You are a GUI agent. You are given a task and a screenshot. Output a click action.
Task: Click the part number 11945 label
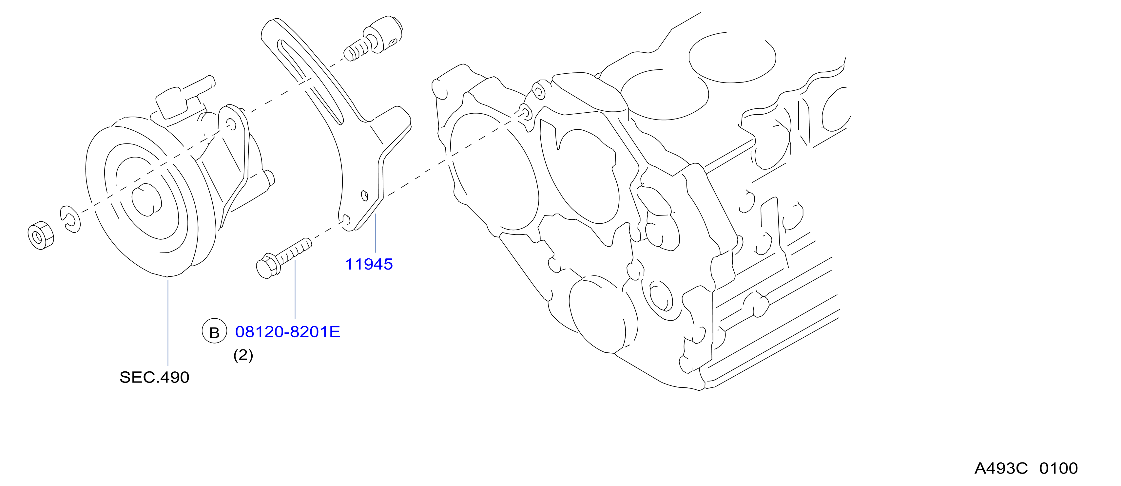pos(369,264)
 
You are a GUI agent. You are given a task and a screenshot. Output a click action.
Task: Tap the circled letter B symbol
pos(214,331)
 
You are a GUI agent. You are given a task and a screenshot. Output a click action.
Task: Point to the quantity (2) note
pos(243,355)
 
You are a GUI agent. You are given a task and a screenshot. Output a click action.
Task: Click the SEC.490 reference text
pos(154,377)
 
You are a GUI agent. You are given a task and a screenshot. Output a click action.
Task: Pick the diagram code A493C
pos(1001,469)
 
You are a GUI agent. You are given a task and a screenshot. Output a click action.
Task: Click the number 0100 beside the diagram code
pos(1059,469)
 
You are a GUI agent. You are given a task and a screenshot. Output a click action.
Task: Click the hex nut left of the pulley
pos(41,235)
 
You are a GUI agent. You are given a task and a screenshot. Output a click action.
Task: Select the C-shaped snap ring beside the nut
pos(70,219)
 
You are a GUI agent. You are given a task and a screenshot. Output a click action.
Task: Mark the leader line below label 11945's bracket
pos(375,233)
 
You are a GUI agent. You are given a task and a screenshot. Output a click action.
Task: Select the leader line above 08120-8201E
pos(295,289)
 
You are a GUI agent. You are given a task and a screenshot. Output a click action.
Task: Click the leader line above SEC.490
pos(168,323)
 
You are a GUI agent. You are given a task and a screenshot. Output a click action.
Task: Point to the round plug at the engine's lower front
pos(603,315)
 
